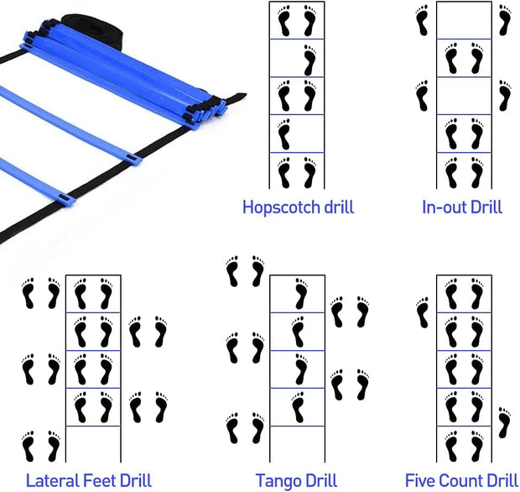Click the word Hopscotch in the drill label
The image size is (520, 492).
[x=273, y=207]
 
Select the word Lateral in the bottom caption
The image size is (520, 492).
[x=55, y=480]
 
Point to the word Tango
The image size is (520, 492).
[x=277, y=480]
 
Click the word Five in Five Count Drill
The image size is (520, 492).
[x=422, y=480]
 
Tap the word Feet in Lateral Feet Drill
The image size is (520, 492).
[x=107, y=480]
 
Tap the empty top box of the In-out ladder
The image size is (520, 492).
[x=464, y=20]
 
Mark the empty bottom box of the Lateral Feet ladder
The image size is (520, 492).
[x=93, y=444]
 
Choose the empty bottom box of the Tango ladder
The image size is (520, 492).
[x=297, y=444]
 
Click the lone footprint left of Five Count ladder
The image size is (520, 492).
[x=422, y=312]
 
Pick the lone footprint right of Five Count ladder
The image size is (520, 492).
[x=503, y=422]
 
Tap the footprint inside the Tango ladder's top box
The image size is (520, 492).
[x=299, y=295]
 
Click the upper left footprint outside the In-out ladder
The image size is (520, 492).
[x=422, y=20]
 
